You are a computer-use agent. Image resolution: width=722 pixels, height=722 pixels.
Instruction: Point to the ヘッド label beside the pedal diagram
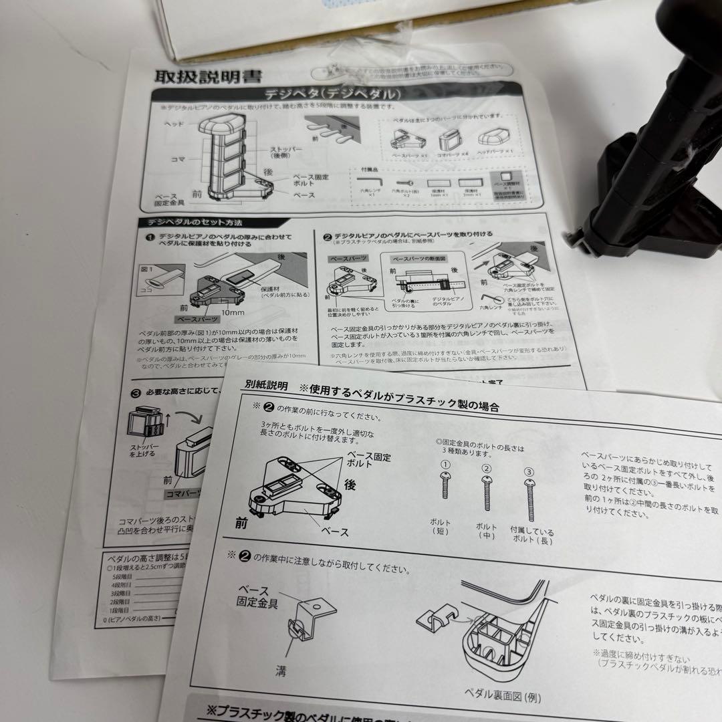click(x=175, y=124)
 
